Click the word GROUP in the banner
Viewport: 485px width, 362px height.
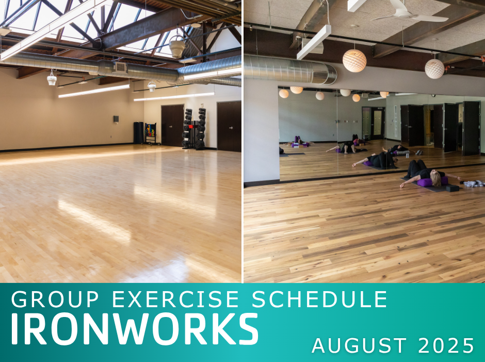tap(55, 299)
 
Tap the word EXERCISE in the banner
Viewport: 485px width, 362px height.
tap(175, 299)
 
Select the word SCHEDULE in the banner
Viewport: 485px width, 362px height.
tap(319, 299)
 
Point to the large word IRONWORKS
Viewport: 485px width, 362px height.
tap(135, 329)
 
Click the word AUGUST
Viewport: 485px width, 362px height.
tap(359, 345)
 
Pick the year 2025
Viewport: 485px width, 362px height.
tap(446, 345)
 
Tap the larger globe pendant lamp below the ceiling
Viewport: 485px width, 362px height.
tap(354, 61)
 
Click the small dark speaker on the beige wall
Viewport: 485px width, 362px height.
tap(116, 119)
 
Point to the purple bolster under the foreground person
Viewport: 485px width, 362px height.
tap(431, 182)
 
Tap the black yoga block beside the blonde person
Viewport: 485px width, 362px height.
tap(452, 188)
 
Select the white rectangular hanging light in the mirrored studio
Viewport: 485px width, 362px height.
tap(314, 42)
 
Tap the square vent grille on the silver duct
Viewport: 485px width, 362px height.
tap(120, 67)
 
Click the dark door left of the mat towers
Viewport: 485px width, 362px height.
tap(172, 126)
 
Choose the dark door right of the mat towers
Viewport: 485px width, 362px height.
tap(229, 127)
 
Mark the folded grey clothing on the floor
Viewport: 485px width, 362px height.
tap(474, 184)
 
